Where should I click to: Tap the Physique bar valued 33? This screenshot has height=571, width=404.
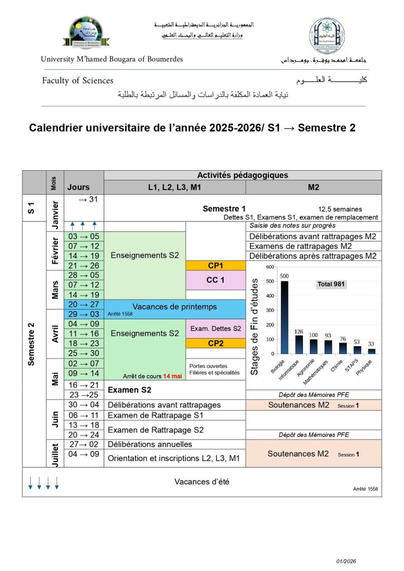372,351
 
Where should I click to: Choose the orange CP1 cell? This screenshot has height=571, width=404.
215,265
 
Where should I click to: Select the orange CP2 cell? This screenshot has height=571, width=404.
215,343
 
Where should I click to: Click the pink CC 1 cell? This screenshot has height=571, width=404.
215,280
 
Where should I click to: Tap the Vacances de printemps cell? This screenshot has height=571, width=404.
175,307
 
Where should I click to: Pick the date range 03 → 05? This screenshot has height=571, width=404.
83,236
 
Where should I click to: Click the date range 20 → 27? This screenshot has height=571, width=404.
83,304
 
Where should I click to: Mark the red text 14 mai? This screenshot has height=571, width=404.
173,376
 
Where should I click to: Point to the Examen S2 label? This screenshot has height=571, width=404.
129,389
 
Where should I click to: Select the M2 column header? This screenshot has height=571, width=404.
314,187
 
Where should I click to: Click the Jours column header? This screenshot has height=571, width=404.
78,187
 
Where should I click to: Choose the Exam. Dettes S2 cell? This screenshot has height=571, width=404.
215,328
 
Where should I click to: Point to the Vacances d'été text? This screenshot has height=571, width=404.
201,482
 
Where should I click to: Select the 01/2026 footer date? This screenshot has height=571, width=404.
347,560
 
